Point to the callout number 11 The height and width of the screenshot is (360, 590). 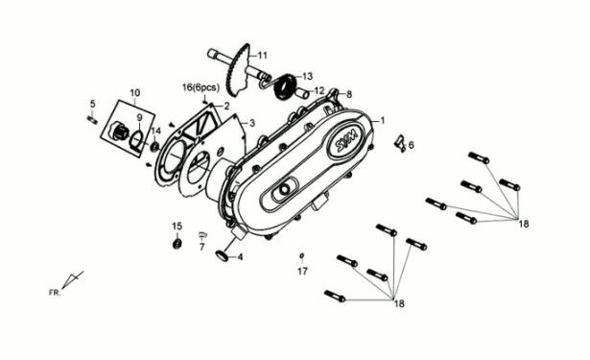(262, 54)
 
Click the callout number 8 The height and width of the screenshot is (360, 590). (349, 94)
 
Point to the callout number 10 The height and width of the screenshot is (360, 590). (134, 93)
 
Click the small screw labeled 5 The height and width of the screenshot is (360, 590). (92, 119)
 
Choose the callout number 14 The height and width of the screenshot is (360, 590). (155, 131)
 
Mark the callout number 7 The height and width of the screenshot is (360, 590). (202, 248)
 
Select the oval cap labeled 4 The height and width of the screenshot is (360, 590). (223, 255)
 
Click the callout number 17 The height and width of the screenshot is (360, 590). (302, 272)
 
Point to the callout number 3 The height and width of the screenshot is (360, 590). (251, 123)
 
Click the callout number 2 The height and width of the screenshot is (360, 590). (226, 106)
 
